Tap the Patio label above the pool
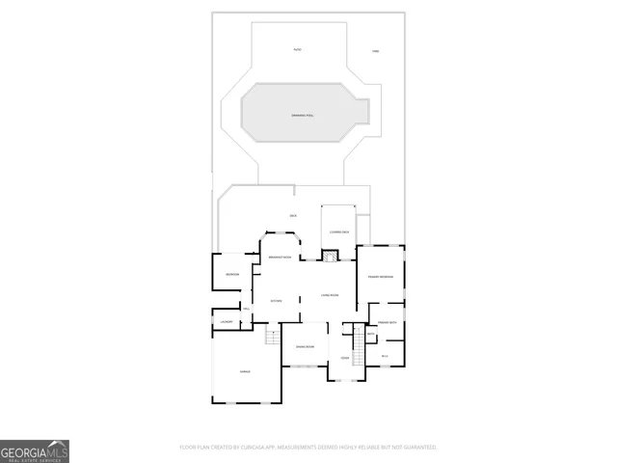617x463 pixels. (x=298, y=49)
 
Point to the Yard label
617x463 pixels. (x=376, y=50)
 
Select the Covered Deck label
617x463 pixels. (x=338, y=232)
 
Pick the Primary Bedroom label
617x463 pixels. (x=380, y=276)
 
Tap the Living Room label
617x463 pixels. (x=329, y=295)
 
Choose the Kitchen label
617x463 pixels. (x=276, y=301)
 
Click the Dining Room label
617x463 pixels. (x=305, y=344)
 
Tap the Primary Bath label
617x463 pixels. (x=387, y=322)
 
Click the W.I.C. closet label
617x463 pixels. (x=385, y=356)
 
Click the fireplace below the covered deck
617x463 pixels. (x=330, y=256)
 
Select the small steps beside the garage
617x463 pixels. (x=272, y=336)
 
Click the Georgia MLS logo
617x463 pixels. (x=35, y=450)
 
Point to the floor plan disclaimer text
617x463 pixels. (x=308, y=447)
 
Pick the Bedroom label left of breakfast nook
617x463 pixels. (x=232, y=275)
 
